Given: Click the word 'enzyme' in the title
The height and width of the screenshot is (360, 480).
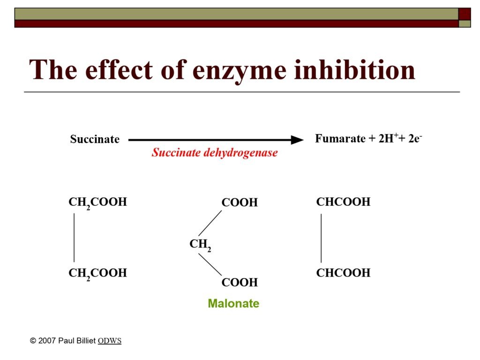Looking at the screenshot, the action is [x=240, y=71].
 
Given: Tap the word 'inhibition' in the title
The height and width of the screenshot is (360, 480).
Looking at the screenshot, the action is [x=354, y=69].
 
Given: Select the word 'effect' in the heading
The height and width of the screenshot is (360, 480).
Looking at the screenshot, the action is [x=119, y=69].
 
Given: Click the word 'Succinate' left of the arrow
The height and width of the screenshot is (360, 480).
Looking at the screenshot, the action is [x=95, y=139].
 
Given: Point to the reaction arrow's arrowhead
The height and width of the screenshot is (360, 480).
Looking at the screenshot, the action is [x=297, y=140].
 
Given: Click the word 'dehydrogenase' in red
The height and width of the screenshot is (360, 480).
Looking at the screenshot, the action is [x=240, y=152].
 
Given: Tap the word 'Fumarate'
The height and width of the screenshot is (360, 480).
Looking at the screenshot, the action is [x=340, y=138].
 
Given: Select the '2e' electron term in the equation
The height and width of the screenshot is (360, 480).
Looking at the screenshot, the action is [x=415, y=138].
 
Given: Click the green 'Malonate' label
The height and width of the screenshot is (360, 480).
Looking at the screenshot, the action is [x=233, y=303].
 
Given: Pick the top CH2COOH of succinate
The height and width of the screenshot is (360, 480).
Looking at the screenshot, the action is [x=97, y=202].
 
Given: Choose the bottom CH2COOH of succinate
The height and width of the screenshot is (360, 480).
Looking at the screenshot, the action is [x=97, y=273].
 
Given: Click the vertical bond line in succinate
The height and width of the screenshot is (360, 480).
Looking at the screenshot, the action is [x=74, y=238].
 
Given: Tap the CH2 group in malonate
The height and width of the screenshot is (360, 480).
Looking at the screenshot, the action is [x=200, y=244].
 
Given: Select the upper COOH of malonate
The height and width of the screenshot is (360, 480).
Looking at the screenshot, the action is [x=240, y=202].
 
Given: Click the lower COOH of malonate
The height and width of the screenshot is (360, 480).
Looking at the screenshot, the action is [x=240, y=282].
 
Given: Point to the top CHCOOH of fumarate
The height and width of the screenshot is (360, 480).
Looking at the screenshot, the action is [x=343, y=202].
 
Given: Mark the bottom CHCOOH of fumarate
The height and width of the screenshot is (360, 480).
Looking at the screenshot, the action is [x=343, y=273].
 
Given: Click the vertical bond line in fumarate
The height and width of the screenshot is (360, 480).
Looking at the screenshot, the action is [x=321, y=238].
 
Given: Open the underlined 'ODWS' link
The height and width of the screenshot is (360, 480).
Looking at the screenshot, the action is [x=110, y=341].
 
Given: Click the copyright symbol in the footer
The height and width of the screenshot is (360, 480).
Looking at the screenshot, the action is [x=33, y=341].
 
